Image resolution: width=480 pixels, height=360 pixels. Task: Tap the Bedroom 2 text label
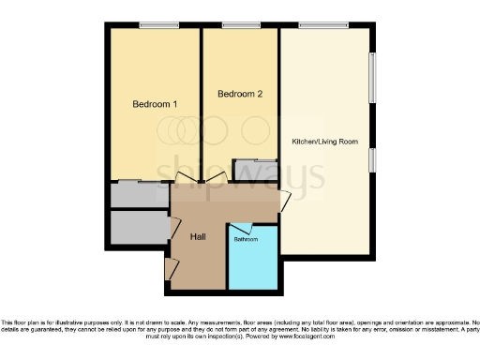[x=240, y=94]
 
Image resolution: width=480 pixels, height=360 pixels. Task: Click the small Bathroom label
[x=246, y=240]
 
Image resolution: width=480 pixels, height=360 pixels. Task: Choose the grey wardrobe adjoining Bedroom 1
[x=137, y=194]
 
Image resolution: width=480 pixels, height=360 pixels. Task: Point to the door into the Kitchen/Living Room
[x=286, y=200]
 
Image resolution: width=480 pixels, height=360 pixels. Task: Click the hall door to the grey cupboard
[x=174, y=225]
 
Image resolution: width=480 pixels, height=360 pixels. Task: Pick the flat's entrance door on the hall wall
[x=170, y=268]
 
